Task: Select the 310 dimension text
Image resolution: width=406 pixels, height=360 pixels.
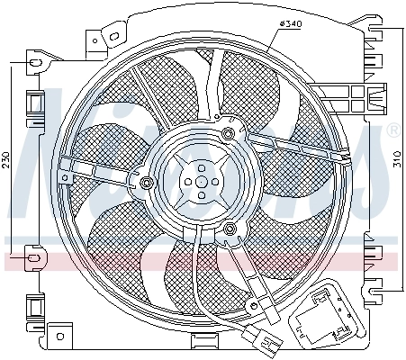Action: pos(398,160)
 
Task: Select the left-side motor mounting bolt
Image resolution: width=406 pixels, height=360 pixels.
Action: pos(146,185)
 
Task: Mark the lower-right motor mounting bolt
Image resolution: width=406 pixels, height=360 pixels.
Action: pos(231,230)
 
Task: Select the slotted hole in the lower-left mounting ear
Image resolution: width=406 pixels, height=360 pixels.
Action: pos(34,261)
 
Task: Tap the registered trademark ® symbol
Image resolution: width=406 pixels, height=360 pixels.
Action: pos(392,131)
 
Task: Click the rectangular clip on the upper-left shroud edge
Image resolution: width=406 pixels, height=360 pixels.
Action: pos(35,105)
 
